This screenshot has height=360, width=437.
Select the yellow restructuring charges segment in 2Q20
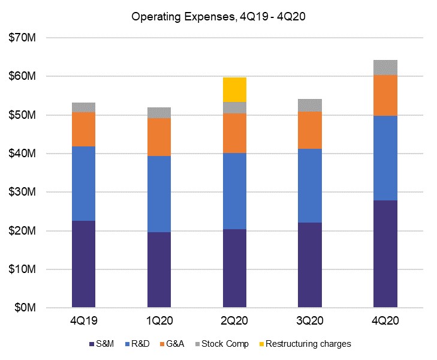[x=234, y=89]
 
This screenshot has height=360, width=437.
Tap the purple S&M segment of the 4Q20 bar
[x=385, y=254]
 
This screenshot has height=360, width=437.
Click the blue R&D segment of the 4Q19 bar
[x=84, y=184]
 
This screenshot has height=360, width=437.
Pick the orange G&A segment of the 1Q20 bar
[x=159, y=137]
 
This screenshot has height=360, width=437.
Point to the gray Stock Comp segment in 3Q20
[x=310, y=105]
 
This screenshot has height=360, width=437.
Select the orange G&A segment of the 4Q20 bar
[x=385, y=95]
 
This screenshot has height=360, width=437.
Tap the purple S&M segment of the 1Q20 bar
[x=159, y=270]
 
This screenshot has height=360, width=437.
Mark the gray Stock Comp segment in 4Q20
[x=385, y=67]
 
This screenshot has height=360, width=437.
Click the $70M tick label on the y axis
[x=22, y=38]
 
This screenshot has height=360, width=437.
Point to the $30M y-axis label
[x=22, y=192]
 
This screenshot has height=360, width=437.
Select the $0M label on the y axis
[x=25, y=308]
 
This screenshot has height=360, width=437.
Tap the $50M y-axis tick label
[x=22, y=115]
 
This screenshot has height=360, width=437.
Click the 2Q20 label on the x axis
[x=234, y=322]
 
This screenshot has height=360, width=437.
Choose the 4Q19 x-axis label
[x=84, y=322]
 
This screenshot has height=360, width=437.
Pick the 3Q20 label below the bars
[x=310, y=322]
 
